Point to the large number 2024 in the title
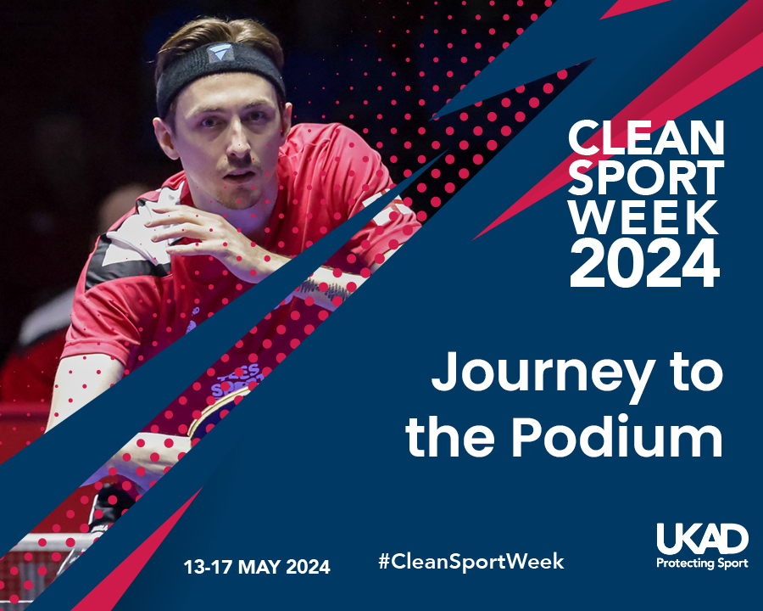pos(644,263)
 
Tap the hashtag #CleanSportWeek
pos(471,561)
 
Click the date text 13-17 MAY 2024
pos(256,567)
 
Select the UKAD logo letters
pos(702,539)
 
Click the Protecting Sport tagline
pos(702,563)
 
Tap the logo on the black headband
pos(220,52)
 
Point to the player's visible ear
pos(164,137)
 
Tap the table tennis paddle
pos(214,414)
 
